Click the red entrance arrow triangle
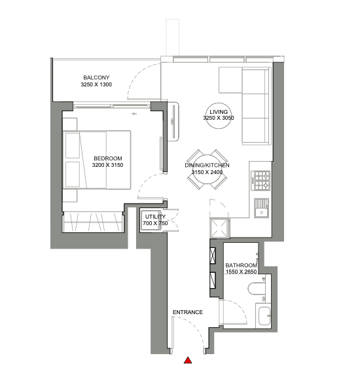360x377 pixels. pyautogui.click(x=188, y=360)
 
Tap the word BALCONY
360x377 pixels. pyautogui.click(x=96, y=77)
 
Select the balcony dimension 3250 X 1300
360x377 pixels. pyautogui.click(x=96, y=84)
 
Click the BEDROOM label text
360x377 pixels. pyautogui.click(x=108, y=158)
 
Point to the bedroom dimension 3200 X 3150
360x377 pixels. pyautogui.click(x=107, y=165)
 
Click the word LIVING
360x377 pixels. pyautogui.click(x=219, y=112)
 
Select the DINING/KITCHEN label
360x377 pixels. pyautogui.click(x=207, y=165)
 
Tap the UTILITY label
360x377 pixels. pyautogui.click(x=155, y=217)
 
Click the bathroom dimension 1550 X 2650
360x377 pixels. pyautogui.click(x=242, y=272)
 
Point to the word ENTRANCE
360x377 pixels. pyautogui.click(x=188, y=312)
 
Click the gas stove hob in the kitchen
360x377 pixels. pyautogui.click(x=261, y=181)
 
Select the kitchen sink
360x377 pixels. pyautogui.click(x=262, y=208)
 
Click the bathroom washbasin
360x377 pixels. pyautogui.click(x=264, y=315)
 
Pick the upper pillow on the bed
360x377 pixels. pyautogui.click(x=73, y=145)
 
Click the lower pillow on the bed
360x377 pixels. pyautogui.click(x=73, y=174)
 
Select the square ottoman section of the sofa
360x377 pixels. pyautogui.click(x=230, y=80)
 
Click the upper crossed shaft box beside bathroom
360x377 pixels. pyautogui.click(x=213, y=255)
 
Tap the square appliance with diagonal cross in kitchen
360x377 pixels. pyautogui.click(x=219, y=228)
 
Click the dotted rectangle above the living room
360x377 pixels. pyautogui.click(x=172, y=37)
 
